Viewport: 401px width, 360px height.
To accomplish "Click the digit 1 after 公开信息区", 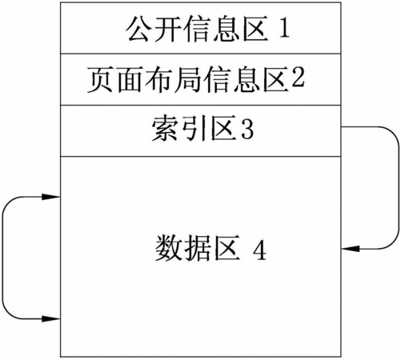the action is click(x=284, y=28).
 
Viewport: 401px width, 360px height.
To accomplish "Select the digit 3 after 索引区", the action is click(x=247, y=129).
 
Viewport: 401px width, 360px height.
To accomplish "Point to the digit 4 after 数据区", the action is click(x=259, y=250).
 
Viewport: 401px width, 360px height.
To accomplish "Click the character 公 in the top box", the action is click(x=138, y=29).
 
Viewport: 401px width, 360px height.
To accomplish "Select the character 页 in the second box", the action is click(x=100, y=79).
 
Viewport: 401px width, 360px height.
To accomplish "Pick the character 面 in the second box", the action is click(x=130, y=79).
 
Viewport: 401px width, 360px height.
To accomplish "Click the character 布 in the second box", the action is click(x=158, y=79).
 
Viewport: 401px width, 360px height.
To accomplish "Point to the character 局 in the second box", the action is click(x=187, y=79).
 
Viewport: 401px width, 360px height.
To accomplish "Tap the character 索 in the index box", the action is click(x=165, y=128).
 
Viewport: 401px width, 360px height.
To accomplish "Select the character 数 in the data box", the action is click(x=168, y=248).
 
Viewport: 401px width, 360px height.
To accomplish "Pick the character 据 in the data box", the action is click(x=197, y=248).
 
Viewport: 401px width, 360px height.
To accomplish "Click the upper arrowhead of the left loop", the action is click(x=51, y=197).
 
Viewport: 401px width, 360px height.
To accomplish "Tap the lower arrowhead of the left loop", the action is click(x=51, y=318).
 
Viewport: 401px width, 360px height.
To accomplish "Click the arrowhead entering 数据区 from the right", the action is click(x=351, y=249).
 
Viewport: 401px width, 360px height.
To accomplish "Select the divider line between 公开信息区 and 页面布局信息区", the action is click(x=201, y=54).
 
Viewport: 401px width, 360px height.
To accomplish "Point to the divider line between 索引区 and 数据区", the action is click(x=201, y=157).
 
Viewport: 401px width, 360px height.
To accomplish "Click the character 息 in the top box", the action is click(x=226, y=29).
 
